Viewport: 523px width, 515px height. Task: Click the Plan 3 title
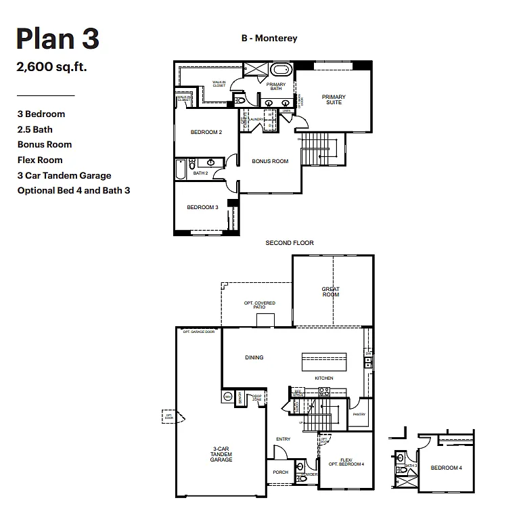[58, 40]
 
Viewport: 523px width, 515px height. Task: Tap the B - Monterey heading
[269, 39]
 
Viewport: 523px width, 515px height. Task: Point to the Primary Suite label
[334, 99]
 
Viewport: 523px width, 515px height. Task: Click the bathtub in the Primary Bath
[281, 70]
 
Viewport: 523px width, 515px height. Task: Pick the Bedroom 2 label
[206, 132]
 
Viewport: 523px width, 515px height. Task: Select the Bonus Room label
[270, 161]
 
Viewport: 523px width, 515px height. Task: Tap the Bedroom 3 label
[202, 207]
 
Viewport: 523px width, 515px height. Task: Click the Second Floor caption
[289, 243]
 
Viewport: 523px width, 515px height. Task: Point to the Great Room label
[331, 292]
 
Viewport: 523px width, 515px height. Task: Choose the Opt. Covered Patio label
[259, 304]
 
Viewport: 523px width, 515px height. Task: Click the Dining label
[254, 357]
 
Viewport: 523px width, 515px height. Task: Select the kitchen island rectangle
[323, 359]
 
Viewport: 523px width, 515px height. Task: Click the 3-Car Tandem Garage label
[221, 455]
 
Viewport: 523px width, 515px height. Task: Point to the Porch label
[280, 472]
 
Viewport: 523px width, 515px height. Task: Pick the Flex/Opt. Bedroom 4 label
[346, 461]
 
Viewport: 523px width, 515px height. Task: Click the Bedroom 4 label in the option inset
[447, 468]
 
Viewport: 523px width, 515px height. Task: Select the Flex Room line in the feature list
[40, 160]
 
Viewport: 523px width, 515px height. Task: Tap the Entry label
[283, 439]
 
